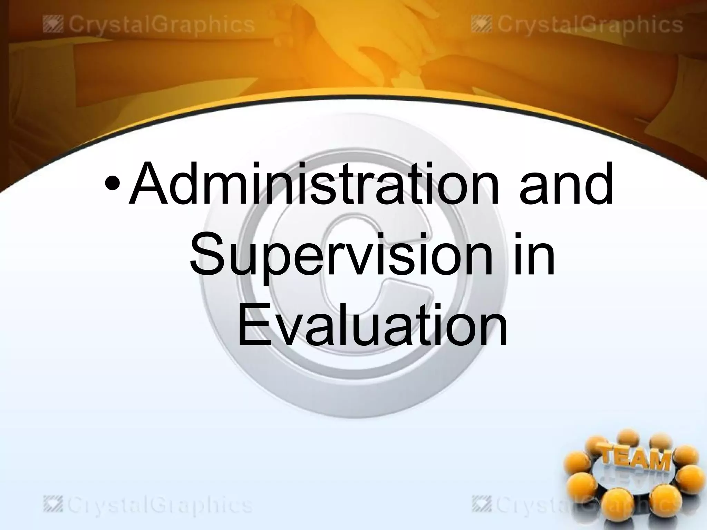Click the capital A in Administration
pyautogui.click(x=149, y=185)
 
